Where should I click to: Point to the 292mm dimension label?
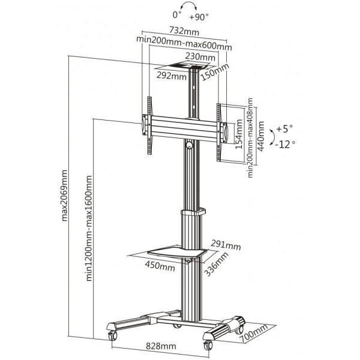pyautogui.click(x=172, y=77)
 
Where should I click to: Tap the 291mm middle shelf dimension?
pyautogui.click(x=225, y=245)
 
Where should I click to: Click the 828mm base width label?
pyautogui.click(x=161, y=346)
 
